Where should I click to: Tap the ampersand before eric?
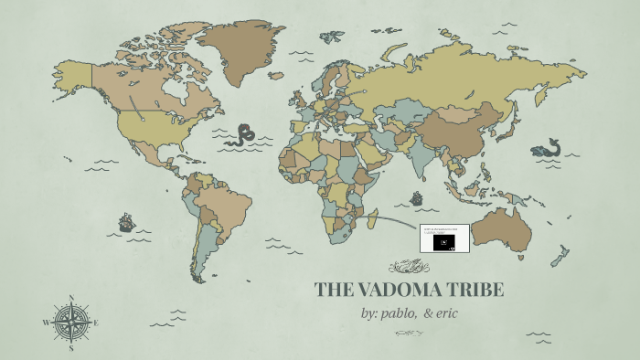point(428,313)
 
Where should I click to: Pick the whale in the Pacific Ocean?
point(547,147)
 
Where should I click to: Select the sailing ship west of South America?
point(126,222)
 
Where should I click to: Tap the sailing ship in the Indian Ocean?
point(417,197)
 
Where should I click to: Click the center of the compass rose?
point(71,322)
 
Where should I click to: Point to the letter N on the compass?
point(71,297)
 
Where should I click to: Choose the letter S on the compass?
point(71,348)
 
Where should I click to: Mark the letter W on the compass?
point(46,323)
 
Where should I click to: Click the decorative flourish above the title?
point(409,267)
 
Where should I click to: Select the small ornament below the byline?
point(409,334)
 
